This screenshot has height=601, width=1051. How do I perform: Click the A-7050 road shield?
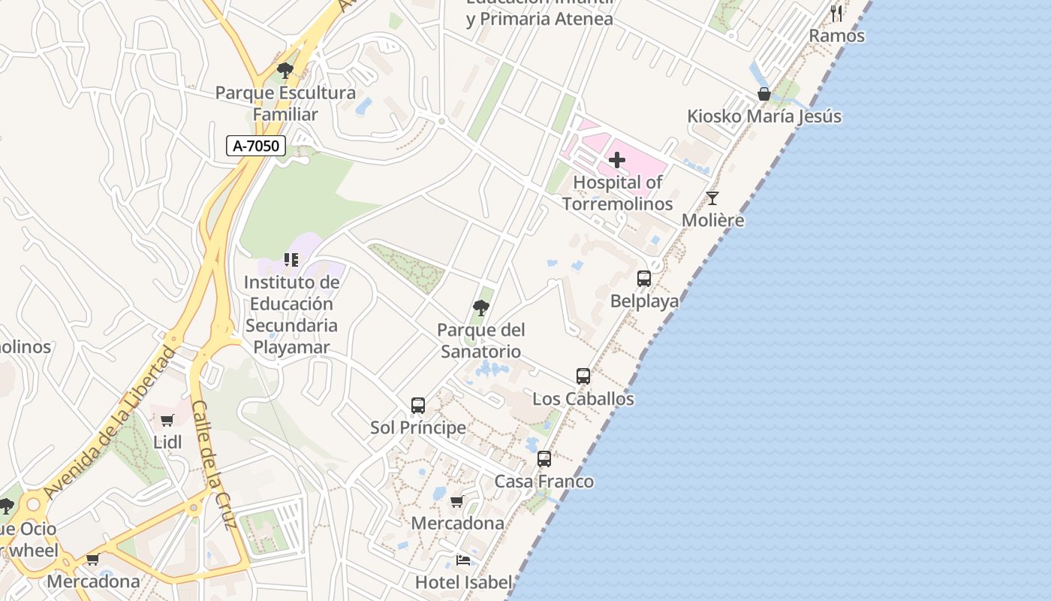click(x=256, y=146)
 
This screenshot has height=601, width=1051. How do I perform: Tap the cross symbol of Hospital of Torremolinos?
click(x=617, y=160)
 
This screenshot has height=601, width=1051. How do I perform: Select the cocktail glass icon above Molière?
click(x=712, y=198)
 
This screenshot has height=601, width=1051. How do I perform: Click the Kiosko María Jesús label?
click(x=764, y=116)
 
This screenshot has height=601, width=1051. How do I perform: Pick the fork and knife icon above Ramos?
click(x=836, y=13)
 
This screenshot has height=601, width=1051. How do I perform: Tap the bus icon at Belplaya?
click(x=644, y=279)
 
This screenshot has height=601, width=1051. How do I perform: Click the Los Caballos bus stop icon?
click(x=583, y=376)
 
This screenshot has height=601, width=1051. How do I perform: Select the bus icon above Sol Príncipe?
click(x=418, y=406)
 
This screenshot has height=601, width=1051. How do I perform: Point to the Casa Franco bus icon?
click(x=544, y=459)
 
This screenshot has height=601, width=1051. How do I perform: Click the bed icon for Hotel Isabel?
click(x=463, y=560)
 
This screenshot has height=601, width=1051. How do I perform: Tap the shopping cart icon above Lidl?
click(x=167, y=421)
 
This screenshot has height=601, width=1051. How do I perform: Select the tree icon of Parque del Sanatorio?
click(x=481, y=307)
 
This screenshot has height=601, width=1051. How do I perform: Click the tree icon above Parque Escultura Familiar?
click(x=285, y=71)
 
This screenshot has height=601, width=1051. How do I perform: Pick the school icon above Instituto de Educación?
click(x=291, y=260)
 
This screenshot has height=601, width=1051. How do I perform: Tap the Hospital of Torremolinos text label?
click(x=617, y=193)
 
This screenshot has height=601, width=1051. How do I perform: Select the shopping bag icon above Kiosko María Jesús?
click(x=763, y=94)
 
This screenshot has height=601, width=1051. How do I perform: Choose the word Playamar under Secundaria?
click(x=291, y=347)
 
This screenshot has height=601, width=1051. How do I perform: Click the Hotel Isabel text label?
click(x=463, y=581)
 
